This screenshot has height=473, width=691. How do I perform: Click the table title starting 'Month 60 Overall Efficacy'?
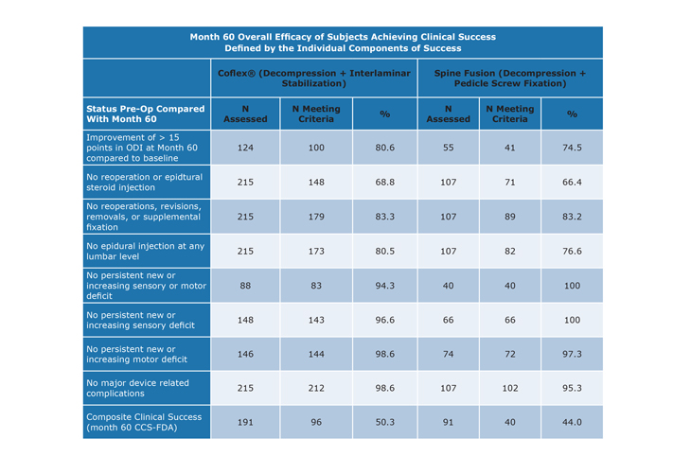pyautogui.click(x=343, y=43)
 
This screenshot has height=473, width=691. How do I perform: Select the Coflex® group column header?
pyautogui.click(x=313, y=78)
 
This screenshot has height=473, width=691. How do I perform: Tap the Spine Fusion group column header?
pyautogui.click(x=509, y=78)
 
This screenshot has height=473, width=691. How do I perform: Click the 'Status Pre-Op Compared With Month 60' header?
pyautogui.click(x=146, y=114)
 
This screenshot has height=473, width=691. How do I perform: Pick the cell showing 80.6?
pyautogui.click(x=384, y=148)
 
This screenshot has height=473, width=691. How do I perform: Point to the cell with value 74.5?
pyautogui.click(x=572, y=148)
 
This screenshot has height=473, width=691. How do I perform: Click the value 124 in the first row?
pyautogui.click(x=245, y=148)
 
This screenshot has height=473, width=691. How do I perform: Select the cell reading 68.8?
pyautogui.click(x=384, y=182)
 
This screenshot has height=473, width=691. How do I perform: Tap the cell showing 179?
pyautogui.click(x=316, y=217)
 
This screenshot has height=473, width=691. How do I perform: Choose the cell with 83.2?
pyautogui.click(x=572, y=217)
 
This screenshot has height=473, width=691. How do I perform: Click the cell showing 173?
pyautogui.click(x=316, y=251)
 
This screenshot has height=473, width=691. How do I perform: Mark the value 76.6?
pyautogui.click(x=572, y=251)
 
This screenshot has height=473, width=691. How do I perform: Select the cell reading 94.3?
pyautogui.click(x=384, y=286)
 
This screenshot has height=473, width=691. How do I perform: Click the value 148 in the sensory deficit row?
pyautogui.click(x=245, y=320)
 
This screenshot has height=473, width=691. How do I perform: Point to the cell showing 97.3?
pyautogui.click(x=572, y=354)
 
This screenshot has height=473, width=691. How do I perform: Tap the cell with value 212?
pyautogui.click(x=316, y=388)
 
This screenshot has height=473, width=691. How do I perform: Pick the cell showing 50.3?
pyautogui.click(x=384, y=422)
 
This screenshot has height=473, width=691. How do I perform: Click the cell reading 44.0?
pyautogui.click(x=572, y=422)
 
